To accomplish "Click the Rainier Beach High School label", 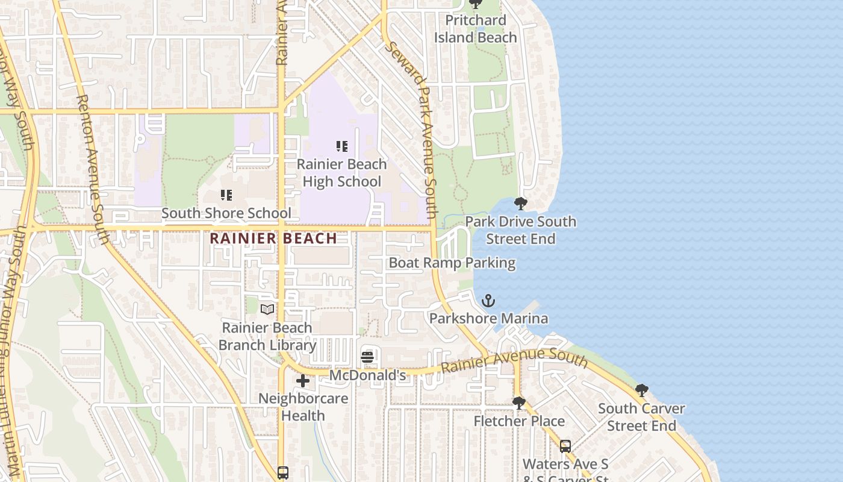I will coord(341,173).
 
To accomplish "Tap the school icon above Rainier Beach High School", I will coord(342,146).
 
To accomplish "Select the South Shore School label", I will coord(226,213).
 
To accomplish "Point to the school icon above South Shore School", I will coord(226,195).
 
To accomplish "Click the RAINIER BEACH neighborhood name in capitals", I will coord(273,238).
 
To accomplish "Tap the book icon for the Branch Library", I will coord(267,309).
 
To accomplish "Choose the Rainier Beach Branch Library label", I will coord(267,337).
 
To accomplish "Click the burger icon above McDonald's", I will coord(367,357).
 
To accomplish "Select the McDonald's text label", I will coord(367,375).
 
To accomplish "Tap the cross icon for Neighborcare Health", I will coord(303,380).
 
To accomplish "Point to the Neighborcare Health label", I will coord(303,407).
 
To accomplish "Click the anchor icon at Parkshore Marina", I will coord(488,300).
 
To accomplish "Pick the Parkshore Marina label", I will coord(488,318).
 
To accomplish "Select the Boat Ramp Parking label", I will coord(452,263).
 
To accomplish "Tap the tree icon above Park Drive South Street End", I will coord(521,203).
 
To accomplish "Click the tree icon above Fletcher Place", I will coord(518,402).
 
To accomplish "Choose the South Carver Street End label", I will coord(641,417).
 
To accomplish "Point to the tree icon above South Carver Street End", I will coord(642,390).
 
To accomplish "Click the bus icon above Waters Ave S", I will coord(565,446).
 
